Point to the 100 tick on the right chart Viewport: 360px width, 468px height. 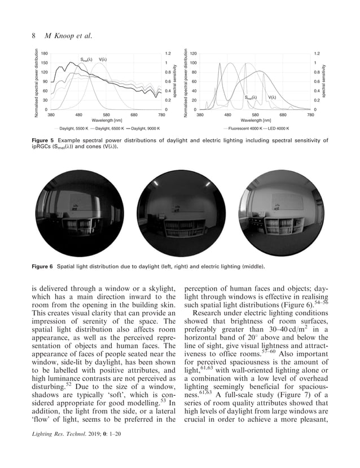coord(193,63)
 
